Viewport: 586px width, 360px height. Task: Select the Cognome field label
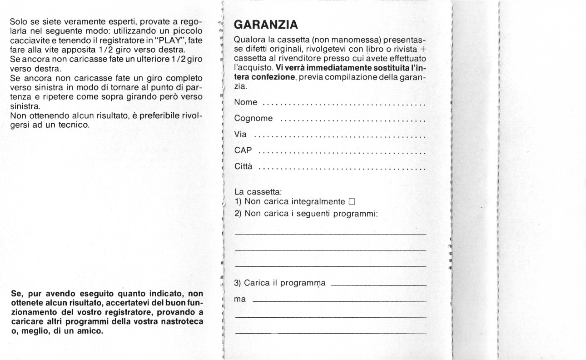click(x=253, y=119)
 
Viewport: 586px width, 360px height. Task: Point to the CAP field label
click(x=243, y=151)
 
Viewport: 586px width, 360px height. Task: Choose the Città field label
click(x=244, y=167)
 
